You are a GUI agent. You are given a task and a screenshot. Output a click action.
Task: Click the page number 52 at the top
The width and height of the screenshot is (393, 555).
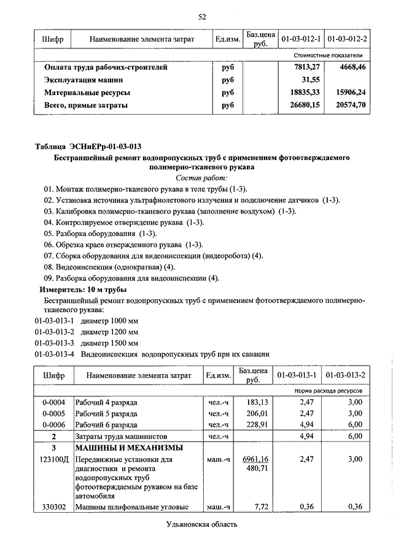[x=201, y=16]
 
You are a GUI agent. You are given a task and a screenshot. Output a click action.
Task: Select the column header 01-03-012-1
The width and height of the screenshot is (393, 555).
[x=301, y=39]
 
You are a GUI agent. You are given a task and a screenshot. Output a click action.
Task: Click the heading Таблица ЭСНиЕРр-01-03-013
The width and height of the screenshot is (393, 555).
[x=88, y=146]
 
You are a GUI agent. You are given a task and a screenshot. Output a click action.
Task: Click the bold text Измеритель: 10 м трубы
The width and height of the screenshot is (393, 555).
[x=83, y=288]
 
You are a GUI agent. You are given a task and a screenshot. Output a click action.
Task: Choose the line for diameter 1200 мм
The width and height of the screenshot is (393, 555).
[x=87, y=332]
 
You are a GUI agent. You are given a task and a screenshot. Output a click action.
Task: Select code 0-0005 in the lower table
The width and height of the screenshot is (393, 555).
[x=53, y=413]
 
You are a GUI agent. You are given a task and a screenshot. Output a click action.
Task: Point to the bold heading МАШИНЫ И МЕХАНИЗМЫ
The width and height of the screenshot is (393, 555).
[x=129, y=448]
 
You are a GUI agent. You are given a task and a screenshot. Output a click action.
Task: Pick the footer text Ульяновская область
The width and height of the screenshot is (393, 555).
[x=201, y=524]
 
